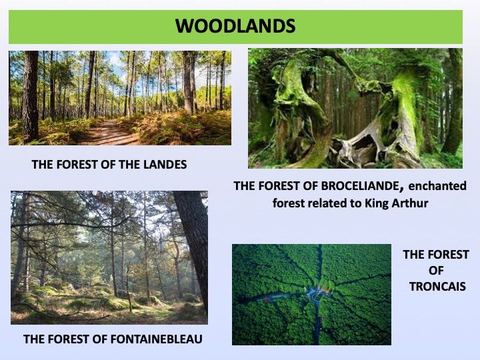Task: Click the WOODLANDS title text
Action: (x=235, y=26)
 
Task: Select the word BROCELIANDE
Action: (x=360, y=186)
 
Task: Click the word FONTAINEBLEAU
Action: (x=157, y=339)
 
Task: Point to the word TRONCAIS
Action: (x=438, y=287)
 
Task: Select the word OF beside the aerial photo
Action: (x=436, y=271)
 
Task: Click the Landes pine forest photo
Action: (x=120, y=98)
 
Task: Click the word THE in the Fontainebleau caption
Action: (x=33, y=339)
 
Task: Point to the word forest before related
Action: (x=285, y=203)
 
